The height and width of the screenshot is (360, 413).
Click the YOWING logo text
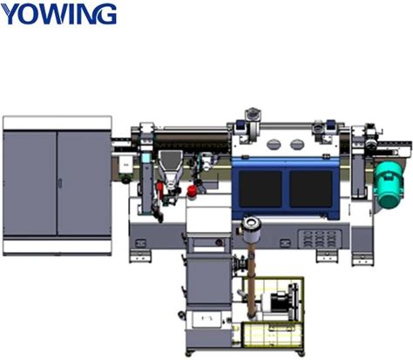tap(58, 14)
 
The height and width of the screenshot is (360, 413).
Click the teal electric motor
tap(389, 185)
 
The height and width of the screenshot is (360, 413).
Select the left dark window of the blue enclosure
tap(261, 188)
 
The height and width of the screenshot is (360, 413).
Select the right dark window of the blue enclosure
tap(311, 188)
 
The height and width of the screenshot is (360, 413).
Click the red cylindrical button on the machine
tap(192, 191)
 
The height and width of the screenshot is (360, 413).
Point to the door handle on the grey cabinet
tap(60, 183)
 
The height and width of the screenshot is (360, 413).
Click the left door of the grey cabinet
tap(30, 183)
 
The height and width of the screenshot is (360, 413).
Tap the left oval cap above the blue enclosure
tap(274, 144)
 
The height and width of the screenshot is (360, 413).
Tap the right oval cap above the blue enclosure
tap(297, 144)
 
